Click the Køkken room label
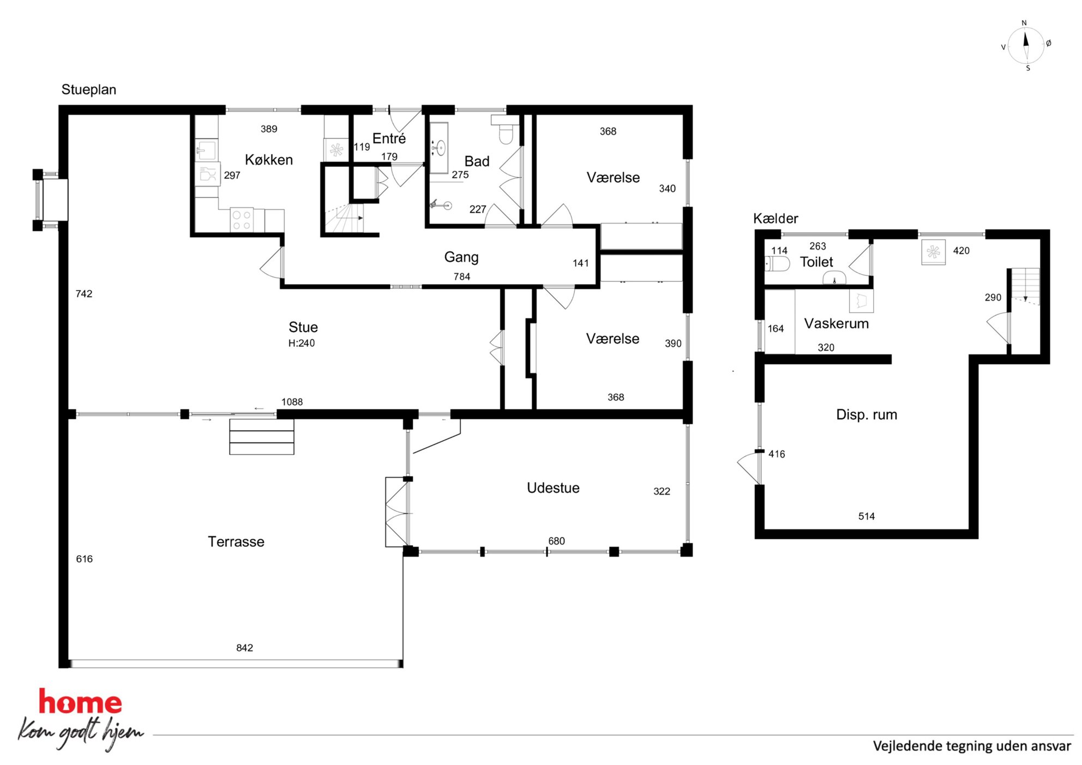269,160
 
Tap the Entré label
389,138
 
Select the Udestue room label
553,487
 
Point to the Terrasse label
236,541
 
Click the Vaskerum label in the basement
836,323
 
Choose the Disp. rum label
867,415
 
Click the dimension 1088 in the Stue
292,402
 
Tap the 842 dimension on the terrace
244,648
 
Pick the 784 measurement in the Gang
461,276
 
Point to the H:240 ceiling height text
302,343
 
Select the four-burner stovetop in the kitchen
242,220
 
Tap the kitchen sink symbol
206,150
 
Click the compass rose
1026,46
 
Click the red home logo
80,702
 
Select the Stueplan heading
89,89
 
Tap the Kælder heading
776,219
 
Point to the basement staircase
1025,286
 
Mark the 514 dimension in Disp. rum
866,516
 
